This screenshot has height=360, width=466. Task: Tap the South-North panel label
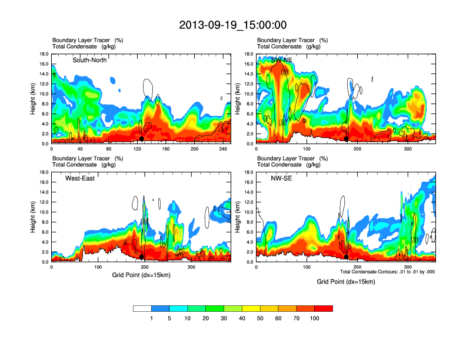coord(89,60)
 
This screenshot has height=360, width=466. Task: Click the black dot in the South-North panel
coord(142,139)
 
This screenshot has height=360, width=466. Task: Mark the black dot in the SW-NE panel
coord(347,139)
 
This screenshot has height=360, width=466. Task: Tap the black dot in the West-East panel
coord(142,257)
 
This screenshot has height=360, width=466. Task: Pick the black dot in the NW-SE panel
coord(346,257)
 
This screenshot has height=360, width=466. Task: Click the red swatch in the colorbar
coord(324,308)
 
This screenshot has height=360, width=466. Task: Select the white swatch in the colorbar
coord(142,308)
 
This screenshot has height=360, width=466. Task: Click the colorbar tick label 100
coord(315,318)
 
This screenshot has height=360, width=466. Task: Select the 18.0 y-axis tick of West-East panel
coord(44,172)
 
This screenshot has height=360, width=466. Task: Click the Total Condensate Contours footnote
coord(388,272)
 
